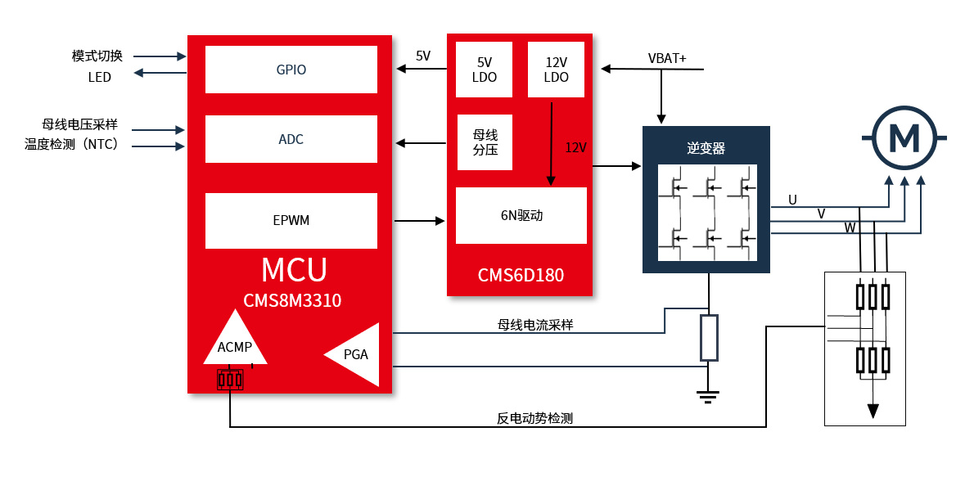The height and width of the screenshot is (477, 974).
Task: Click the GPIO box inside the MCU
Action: click(291, 70)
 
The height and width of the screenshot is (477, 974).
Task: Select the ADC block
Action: click(291, 139)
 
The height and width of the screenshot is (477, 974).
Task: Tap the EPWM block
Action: click(291, 220)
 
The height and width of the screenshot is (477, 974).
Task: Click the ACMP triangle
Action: click(235, 342)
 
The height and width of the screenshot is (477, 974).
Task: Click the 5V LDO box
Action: click(485, 70)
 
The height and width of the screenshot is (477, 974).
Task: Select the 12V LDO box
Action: click(556, 70)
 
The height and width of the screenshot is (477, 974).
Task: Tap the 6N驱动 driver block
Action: click(521, 216)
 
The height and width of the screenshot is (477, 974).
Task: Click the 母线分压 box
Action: click(485, 142)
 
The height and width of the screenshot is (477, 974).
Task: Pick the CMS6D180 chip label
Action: click(521, 275)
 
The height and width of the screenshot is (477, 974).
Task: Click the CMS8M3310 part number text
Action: click(292, 300)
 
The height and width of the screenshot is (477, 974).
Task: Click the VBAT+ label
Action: click(667, 59)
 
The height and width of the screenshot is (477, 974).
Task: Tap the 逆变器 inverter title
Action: click(706, 148)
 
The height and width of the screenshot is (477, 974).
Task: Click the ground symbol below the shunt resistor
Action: click(709, 397)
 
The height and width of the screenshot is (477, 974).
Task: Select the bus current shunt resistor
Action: click(709, 337)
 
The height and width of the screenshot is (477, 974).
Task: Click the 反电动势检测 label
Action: click(534, 418)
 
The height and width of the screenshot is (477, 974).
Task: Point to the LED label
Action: click(100, 77)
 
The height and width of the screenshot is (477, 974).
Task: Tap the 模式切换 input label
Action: click(97, 56)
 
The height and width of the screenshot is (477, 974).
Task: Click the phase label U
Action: click(792, 200)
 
